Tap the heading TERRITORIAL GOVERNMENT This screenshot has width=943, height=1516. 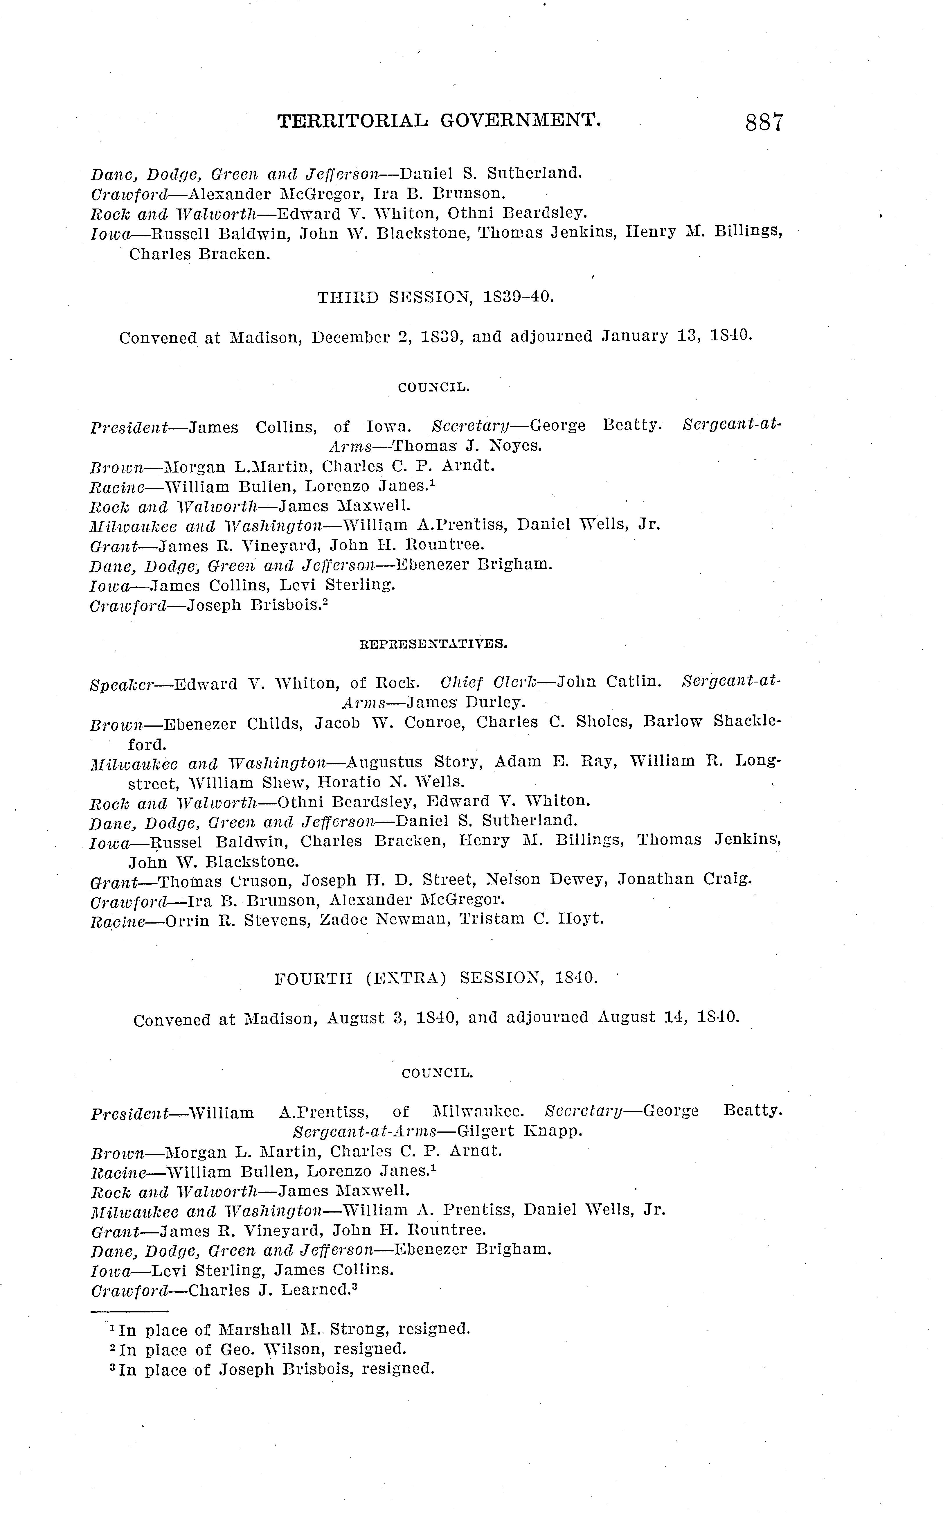(439, 121)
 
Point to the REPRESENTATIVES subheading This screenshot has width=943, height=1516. (434, 644)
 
